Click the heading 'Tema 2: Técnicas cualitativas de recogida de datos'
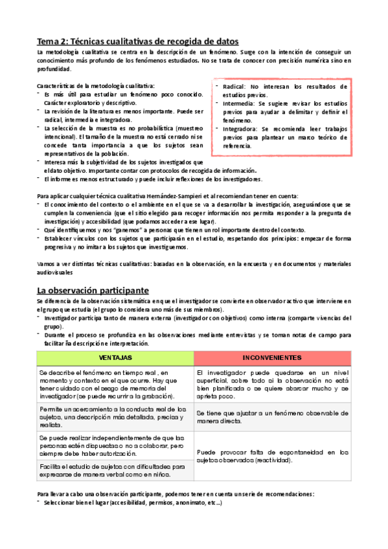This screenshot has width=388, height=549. (137, 40)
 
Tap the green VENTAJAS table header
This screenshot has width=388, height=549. (115, 358)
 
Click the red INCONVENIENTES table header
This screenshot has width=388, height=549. (271, 358)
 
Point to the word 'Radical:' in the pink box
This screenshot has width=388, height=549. (233, 86)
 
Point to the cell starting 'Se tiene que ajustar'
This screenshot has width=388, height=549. (271, 417)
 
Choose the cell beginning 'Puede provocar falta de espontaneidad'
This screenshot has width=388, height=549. (271, 456)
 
